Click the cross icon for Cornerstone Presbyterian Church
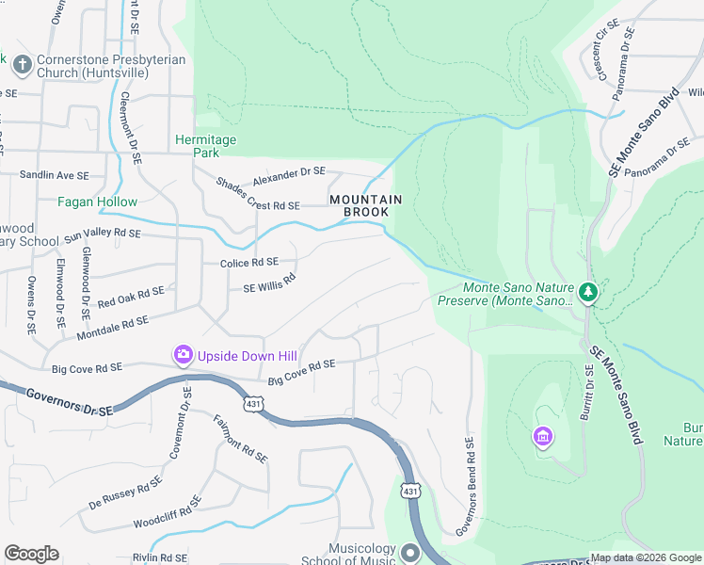click(x=23, y=65)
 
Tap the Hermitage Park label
click(x=206, y=145)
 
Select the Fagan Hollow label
click(x=97, y=202)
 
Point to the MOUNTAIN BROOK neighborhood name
click(x=366, y=206)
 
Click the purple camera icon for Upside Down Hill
click(x=183, y=355)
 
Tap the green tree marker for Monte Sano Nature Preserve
click(x=588, y=292)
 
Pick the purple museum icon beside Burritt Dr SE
click(x=542, y=436)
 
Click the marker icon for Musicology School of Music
click(x=409, y=553)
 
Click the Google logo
click(x=31, y=554)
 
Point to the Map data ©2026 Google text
click(x=646, y=557)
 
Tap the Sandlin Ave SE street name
click(x=55, y=175)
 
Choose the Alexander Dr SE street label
click(x=287, y=176)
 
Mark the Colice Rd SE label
click(x=248, y=263)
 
